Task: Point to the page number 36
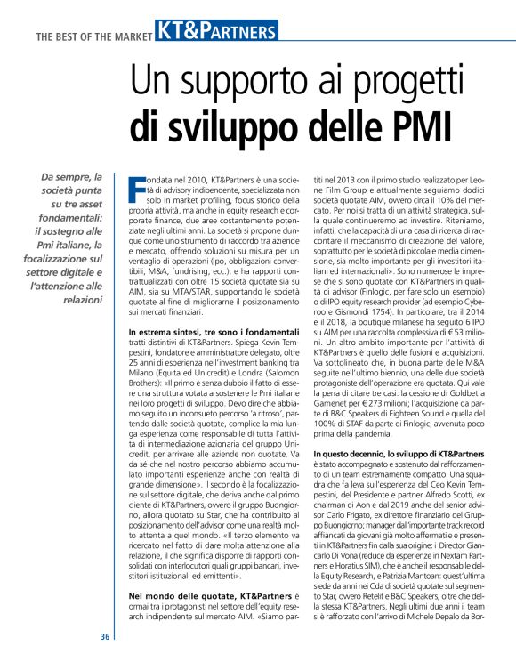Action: [x=105, y=637]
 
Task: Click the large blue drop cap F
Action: [x=136, y=188]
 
